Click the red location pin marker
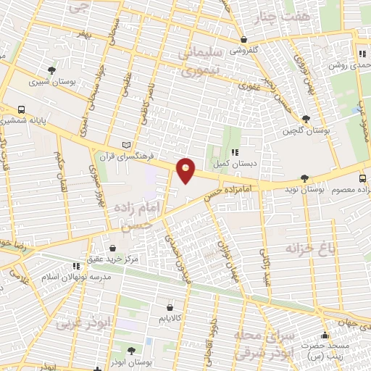pyautogui.click(x=186, y=170)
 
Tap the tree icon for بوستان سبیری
pyautogui.click(x=51, y=70)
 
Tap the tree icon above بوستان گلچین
pyautogui.click(x=307, y=119)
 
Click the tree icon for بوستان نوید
pyautogui.click(x=305, y=178)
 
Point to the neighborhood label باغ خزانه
pyautogui.click(x=312, y=249)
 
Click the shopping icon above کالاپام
pyautogui.click(x=170, y=307)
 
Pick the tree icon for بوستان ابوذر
pyautogui.click(x=131, y=351)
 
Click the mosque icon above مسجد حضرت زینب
pyautogui.click(x=324, y=335)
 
